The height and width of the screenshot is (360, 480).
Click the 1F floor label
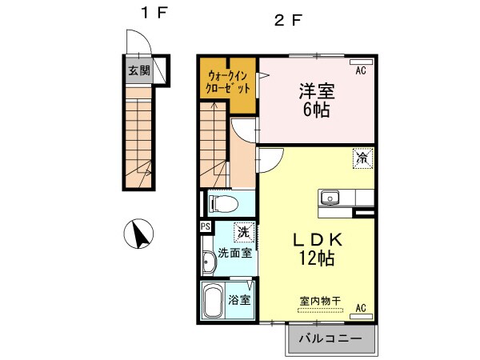(x=151, y=14)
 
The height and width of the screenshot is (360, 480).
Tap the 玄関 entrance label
(x=138, y=70)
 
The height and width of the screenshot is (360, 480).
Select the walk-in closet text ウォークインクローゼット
(x=228, y=83)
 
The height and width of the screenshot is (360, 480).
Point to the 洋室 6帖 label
(x=318, y=102)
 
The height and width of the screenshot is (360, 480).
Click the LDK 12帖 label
(x=316, y=249)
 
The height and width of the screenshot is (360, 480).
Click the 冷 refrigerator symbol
(x=362, y=158)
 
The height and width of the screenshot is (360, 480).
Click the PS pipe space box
(x=205, y=227)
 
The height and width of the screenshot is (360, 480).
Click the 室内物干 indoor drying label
(x=320, y=301)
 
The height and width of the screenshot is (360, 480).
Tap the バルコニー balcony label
(x=330, y=339)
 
